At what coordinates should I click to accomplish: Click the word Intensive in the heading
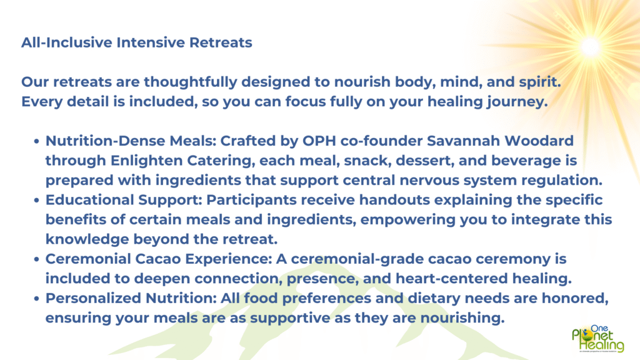pyautogui.click(x=151, y=42)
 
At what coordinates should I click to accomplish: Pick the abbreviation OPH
pyautogui.click(x=319, y=141)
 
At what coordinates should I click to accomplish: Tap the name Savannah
pyautogui.click(x=463, y=141)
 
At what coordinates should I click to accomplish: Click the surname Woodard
pyautogui.click(x=539, y=141)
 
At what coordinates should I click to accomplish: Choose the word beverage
pyautogui.click(x=526, y=161)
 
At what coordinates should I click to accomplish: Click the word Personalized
pyautogui.click(x=93, y=298)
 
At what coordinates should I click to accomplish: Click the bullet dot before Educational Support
pyautogui.click(x=37, y=201)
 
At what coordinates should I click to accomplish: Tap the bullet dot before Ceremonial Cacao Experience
pyautogui.click(x=37, y=259)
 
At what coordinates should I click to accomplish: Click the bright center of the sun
pyautogui.click(x=590, y=46)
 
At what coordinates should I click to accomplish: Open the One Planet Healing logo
pyautogui.click(x=598, y=339)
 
